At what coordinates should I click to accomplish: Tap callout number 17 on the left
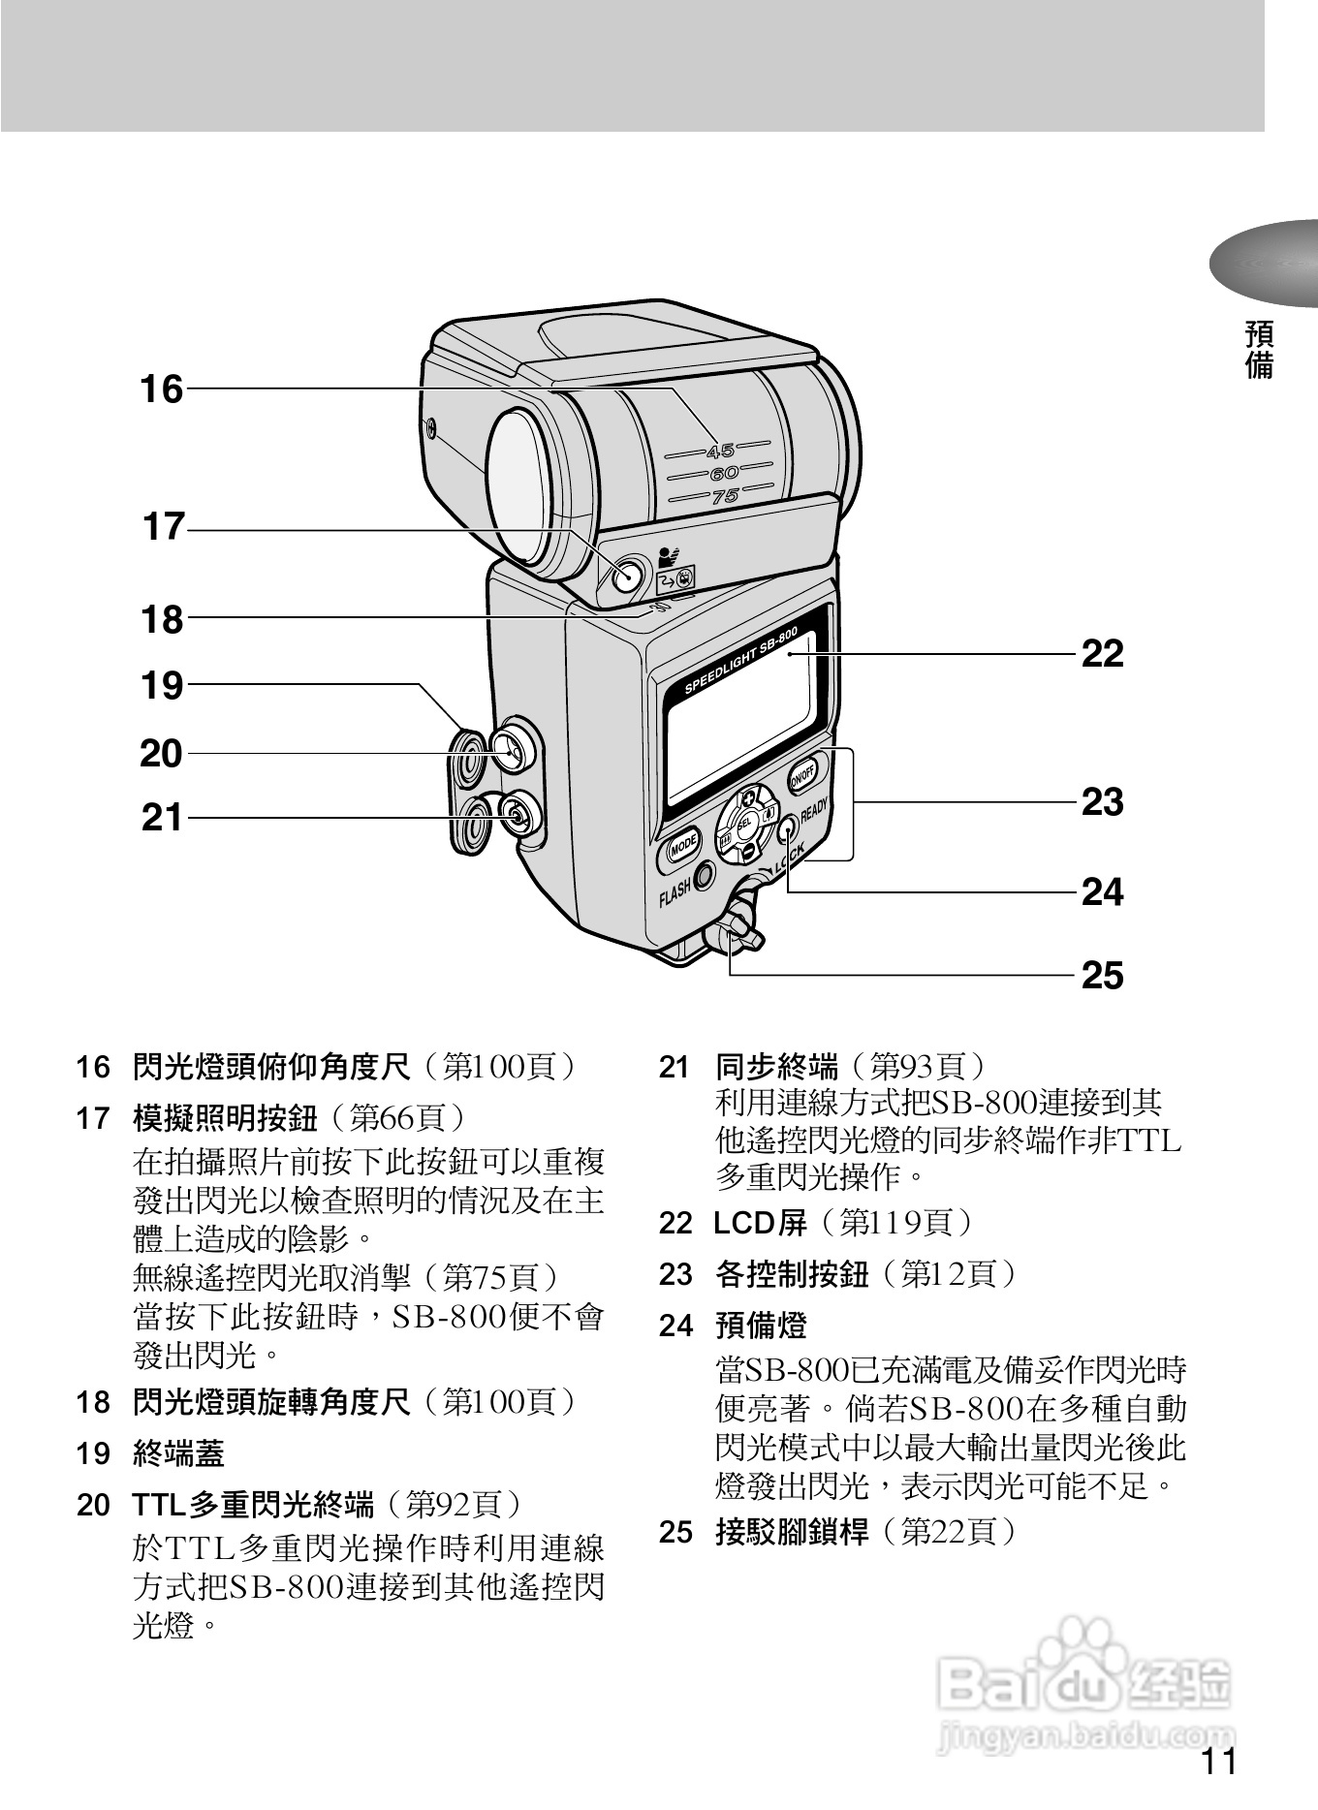point(163,528)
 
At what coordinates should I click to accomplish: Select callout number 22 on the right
point(1102,654)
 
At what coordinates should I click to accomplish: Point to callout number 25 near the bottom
point(1102,975)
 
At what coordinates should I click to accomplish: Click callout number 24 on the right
point(1102,891)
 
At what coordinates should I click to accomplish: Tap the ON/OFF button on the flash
point(802,775)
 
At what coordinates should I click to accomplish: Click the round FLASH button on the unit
point(704,875)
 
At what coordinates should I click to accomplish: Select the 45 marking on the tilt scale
point(720,451)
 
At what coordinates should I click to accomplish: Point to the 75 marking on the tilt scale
point(726,497)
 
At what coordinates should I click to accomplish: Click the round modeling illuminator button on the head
point(627,576)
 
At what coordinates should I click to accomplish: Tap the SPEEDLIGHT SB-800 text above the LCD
point(741,662)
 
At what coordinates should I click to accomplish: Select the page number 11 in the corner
point(1219,1762)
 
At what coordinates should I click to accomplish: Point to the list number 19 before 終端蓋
point(94,1453)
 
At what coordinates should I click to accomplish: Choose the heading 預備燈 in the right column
point(761,1325)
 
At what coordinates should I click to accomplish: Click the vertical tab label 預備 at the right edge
point(1259,351)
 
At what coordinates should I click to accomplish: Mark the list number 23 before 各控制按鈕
point(675,1274)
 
